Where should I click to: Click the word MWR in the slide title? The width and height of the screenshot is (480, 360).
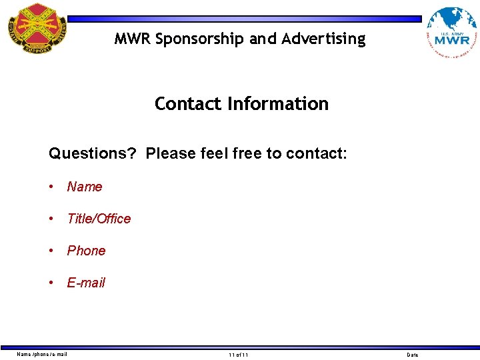pyautogui.click(x=133, y=39)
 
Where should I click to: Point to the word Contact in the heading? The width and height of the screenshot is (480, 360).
pyautogui.click(x=188, y=104)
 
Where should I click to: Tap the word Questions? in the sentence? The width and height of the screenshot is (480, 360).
pyautogui.click(x=92, y=153)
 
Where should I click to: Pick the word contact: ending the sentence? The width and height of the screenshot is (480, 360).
pyautogui.click(x=317, y=153)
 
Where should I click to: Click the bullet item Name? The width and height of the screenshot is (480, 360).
pyautogui.click(x=85, y=187)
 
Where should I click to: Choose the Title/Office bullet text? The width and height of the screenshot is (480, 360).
pyautogui.click(x=99, y=219)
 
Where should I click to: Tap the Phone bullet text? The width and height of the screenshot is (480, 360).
pyautogui.click(x=86, y=251)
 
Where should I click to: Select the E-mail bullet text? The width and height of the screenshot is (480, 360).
pyautogui.click(x=86, y=283)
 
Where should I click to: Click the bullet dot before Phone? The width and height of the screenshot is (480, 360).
pyautogui.click(x=52, y=251)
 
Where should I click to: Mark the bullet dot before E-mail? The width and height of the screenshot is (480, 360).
pyautogui.click(x=52, y=283)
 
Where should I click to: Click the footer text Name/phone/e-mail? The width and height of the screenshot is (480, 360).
pyautogui.click(x=42, y=354)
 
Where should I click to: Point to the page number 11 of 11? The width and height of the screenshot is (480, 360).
pyautogui.click(x=238, y=355)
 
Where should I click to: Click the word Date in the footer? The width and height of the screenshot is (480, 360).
pyautogui.click(x=413, y=355)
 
